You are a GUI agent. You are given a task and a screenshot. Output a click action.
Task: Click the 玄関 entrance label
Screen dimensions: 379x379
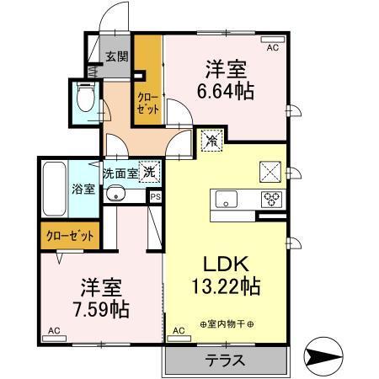pyautogui.click(x=117, y=57)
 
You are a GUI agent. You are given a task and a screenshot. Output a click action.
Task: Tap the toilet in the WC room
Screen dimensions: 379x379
pyautogui.click(x=84, y=99)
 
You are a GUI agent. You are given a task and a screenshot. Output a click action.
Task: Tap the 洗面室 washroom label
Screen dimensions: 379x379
pyautogui.click(x=120, y=173)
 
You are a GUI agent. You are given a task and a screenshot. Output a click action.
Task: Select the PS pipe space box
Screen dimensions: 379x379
pyautogui.click(x=155, y=196)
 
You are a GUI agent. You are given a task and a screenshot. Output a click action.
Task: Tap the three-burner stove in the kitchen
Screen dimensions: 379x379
pyautogui.click(x=273, y=200)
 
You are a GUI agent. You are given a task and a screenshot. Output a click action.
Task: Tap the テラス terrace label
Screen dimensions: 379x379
pyautogui.click(x=225, y=360)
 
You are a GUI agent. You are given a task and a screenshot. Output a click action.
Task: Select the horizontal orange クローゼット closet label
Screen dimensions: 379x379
pyautogui.click(x=70, y=236)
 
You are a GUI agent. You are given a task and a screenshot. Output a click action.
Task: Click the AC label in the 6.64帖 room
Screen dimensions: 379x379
pyautogui.click(x=272, y=49)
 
